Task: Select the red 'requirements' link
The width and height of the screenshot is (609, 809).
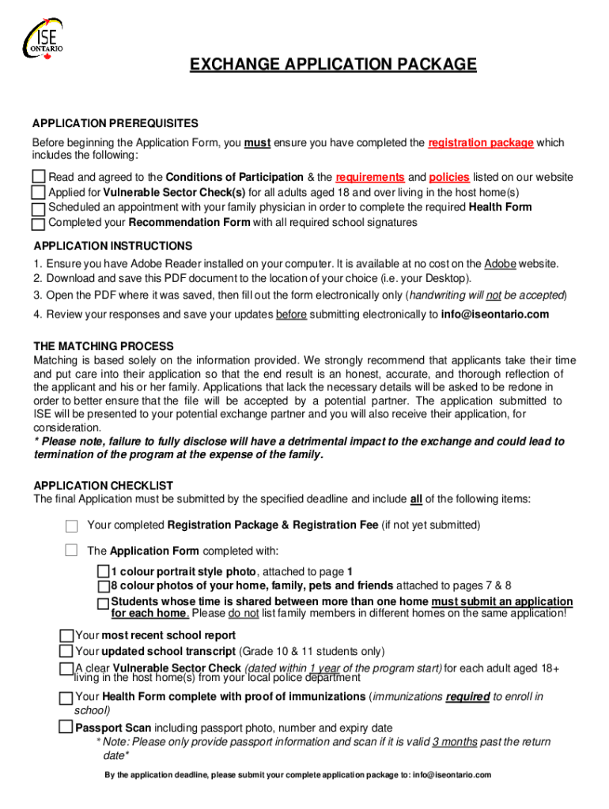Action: point(370,178)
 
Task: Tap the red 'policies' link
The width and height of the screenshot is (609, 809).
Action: point(449,178)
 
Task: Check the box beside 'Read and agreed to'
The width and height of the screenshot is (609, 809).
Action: point(39,177)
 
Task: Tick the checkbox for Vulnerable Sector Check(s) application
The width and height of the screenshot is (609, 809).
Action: point(39,193)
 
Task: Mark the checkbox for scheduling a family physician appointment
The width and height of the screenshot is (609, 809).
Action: point(39,209)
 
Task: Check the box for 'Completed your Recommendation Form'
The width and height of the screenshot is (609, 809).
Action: point(39,224)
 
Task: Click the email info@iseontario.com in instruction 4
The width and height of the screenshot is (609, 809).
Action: point(494,314)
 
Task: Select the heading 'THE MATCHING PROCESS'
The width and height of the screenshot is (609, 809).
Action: point(103,346)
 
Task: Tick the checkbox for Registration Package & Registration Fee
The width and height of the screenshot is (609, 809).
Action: point(72,526)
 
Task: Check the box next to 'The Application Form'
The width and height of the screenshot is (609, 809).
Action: point(72,551)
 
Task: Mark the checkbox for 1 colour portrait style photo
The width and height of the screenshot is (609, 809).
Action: point(104,571)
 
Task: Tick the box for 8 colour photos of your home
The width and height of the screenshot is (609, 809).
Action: point(104,586)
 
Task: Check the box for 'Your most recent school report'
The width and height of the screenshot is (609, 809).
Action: point(66,635)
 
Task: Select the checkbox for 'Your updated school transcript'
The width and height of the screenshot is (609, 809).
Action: point(66,651)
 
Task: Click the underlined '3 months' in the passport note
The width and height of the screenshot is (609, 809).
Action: point(455,742)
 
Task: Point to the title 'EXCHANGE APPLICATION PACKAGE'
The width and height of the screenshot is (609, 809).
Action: point(333,64)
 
